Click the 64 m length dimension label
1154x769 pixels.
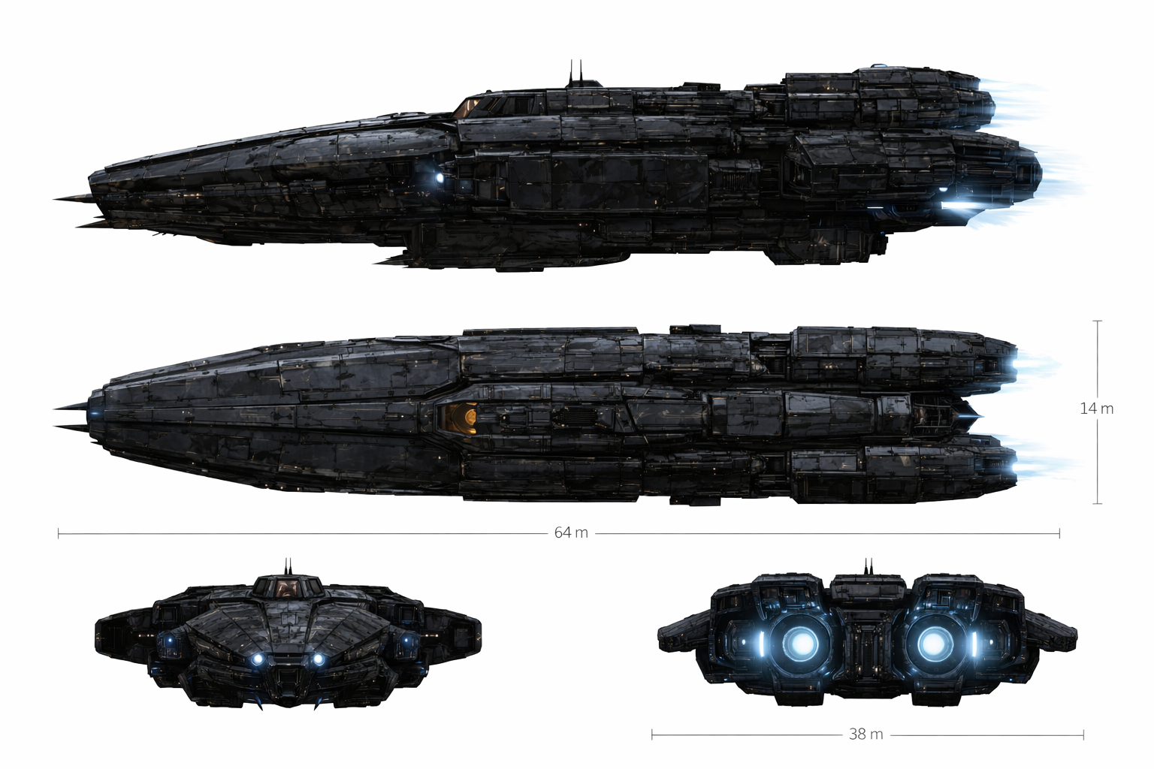[x=571, y=533]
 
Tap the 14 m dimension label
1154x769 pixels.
[x=1097, y=409]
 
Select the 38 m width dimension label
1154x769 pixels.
[x=865, y=734]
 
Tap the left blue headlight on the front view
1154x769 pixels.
[x=258, y=659]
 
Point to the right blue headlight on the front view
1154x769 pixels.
[x=318, y=659]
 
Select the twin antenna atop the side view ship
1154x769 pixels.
[x=575, y=71]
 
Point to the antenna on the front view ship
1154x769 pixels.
[x=287, y=566]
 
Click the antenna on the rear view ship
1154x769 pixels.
[x=869, y=566]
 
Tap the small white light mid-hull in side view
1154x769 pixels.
[x=440, y=178]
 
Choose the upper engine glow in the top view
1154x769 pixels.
[x=1014, y=366]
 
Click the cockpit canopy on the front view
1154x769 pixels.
[x=288, y=587]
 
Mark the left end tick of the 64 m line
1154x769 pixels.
[x=59, y=533]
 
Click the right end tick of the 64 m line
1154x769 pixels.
[x=1059, y=533]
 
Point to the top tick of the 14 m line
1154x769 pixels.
[x=1098, y=321]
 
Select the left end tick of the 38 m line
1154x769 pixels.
[x=652, y=734]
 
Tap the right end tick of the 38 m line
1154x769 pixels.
[x=1083, y=734]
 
